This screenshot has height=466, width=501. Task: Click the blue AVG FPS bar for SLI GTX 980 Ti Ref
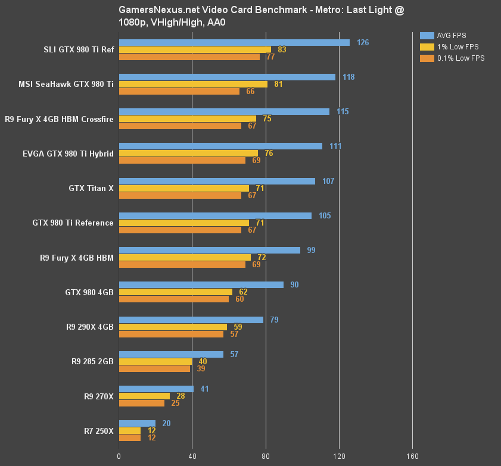click(234, 42)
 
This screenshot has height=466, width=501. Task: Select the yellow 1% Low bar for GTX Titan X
click(184, 188)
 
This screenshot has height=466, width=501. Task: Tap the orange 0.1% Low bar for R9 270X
click(142, 403)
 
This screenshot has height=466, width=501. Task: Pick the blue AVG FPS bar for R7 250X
click(137, 424)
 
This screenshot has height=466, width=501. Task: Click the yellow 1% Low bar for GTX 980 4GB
click(176, 292)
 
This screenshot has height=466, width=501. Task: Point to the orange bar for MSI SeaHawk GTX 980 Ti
click(179, 91)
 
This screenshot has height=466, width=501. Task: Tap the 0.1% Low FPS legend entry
click(453, 58)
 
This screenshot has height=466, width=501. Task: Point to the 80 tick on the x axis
click(266, 456)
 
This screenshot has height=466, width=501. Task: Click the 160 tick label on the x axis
click(412, 456)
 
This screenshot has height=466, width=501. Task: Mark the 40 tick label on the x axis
click(192, 456)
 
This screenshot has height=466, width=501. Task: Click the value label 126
click(363, 42)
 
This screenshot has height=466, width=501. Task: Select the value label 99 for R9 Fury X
click(311, 250)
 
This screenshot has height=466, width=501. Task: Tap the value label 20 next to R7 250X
click(166, 424)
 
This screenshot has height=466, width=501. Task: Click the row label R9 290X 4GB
click(89, 327)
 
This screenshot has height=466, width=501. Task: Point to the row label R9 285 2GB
click(92, 361)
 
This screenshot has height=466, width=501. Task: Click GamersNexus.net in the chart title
click(155, 10)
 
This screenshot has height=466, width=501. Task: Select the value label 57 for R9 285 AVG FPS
click(234, 354)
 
